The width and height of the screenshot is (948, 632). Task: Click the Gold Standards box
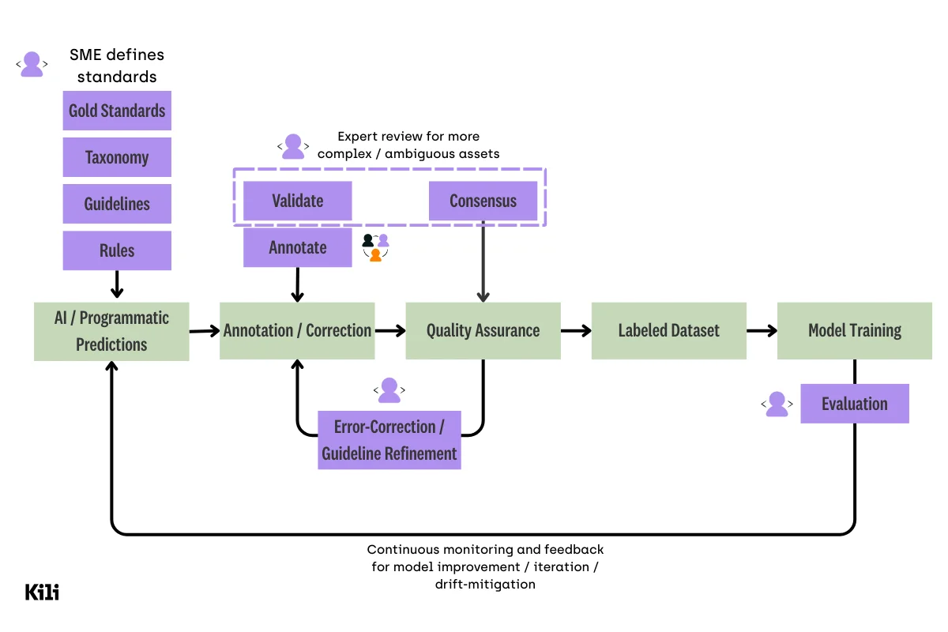tap(117, 111)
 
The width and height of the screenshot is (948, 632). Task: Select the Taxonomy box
tap(117, 157)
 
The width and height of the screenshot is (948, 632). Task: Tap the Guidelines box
tap(117, 204)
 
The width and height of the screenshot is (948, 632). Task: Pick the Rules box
tap(117, 250)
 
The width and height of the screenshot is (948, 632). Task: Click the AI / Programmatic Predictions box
tap(111, 331)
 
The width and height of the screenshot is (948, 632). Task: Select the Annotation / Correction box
tap(297, 330)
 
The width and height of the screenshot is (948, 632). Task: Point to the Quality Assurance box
tap(483, 330)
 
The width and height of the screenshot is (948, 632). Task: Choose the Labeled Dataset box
tap(668, 330)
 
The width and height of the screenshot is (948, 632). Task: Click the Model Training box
tap(854, 330)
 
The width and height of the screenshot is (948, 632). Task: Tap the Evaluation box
tap(854, 404)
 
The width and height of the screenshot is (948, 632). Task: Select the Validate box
tap(297, 201)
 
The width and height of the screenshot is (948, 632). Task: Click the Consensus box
tap(483, 201)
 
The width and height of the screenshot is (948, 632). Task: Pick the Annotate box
tap(297, 247)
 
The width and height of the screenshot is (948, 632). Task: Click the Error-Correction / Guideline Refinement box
tap(389, 440)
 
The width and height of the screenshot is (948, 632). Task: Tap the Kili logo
tap(42, 592)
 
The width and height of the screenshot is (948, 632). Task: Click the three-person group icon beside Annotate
tap(375, 246)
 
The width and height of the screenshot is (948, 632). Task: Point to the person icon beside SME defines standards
tap(32, 64)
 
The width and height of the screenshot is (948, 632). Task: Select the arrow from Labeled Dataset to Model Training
tap(762, 331)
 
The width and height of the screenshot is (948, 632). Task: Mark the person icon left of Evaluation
tap(777, 404)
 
